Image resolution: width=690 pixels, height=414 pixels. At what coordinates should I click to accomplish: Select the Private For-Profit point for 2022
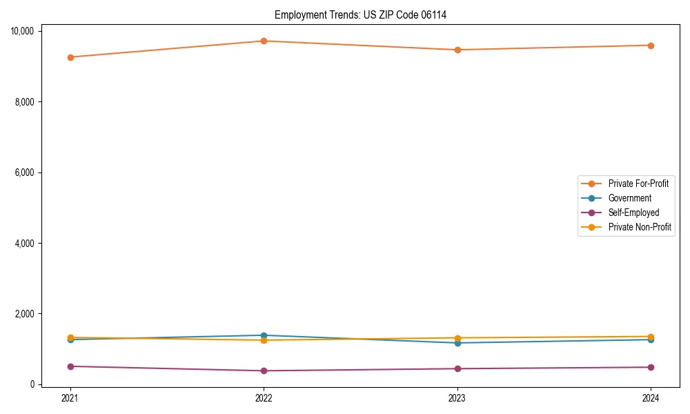click(x=264, y=41)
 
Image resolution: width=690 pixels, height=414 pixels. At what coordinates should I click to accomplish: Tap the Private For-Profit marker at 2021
click(x=70, y=57)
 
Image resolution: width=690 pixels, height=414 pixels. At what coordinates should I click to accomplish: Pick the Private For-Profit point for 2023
click(x=457, y=50)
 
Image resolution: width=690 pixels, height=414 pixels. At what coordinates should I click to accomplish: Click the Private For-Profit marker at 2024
click(x=651, y=46)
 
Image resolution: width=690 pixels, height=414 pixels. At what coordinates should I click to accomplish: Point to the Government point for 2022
click(x=264, y=335)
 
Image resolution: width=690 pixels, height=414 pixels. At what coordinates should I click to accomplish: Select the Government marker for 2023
click(x=457, y=343)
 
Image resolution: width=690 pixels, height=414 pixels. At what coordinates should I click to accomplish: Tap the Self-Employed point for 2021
click(x=70, y=366)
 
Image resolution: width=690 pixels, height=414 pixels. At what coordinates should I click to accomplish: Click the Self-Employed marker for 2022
click(x=264, y=371)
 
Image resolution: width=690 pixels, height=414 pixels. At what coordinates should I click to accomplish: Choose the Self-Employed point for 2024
click(x=651, y=367)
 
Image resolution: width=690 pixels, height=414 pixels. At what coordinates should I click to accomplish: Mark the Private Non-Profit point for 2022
click(x=264, y=340)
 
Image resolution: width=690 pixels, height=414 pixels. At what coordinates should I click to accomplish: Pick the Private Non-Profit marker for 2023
click(x=457, y=338)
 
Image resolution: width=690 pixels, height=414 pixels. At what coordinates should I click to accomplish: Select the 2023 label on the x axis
click(x=457, y=397)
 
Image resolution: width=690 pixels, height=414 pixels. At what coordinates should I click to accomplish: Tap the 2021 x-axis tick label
click(x=70, y=397)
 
